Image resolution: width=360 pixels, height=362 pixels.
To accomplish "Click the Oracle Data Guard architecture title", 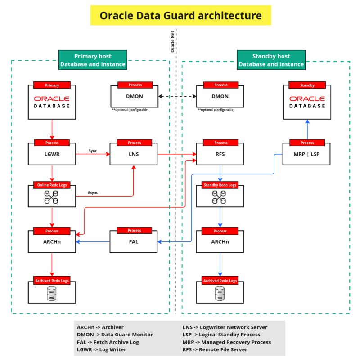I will tap(180, 16).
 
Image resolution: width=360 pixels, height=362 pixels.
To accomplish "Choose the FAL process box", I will tap(134, 242).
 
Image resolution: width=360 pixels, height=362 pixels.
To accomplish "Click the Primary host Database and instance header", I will tap(93, 60).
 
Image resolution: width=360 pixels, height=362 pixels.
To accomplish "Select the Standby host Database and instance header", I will tap(271, 60).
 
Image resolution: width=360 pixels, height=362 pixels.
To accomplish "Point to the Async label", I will tap(93, 193).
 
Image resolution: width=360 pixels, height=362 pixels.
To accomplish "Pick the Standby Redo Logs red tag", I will tap(220, 185).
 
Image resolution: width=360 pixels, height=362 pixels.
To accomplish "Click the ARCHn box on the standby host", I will tap(220, 242).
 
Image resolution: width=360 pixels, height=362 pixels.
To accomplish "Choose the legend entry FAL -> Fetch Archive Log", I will tap(108, 342).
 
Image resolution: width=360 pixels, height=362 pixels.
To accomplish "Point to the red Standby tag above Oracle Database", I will tap(307, 85).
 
